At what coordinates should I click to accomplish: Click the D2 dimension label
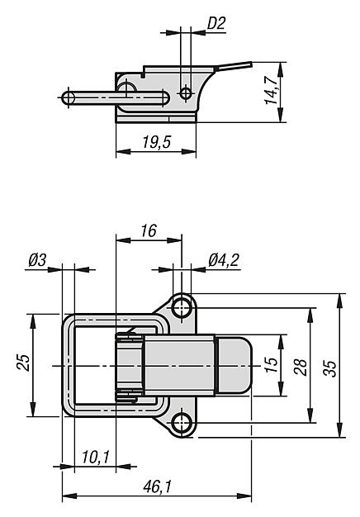(x=216, y=24)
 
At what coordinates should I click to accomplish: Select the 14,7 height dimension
(x=272, y=90)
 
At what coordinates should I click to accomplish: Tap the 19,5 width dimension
(x=157, y=142)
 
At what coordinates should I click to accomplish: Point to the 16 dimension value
(x=149, y=230)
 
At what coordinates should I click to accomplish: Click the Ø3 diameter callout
(x=37, y=260)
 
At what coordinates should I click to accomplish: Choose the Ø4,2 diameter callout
(x=224, y=260)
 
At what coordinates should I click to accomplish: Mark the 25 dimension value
(x=24, y=363)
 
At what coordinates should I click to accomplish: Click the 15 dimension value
(x=272, y=365)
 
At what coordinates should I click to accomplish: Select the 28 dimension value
(x=301, y=367)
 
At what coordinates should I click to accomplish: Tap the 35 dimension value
(x=329, y=368)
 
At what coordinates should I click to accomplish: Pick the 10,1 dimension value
(x=96, y=457)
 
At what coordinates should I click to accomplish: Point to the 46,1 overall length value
(x=158, y=486)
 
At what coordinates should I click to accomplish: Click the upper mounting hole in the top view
(x=182, y=307)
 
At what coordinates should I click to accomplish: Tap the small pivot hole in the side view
(x=186, y=93)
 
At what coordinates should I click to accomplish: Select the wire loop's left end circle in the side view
(x=69, y=97)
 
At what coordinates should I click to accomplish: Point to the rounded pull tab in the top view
(x=234, y=365)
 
